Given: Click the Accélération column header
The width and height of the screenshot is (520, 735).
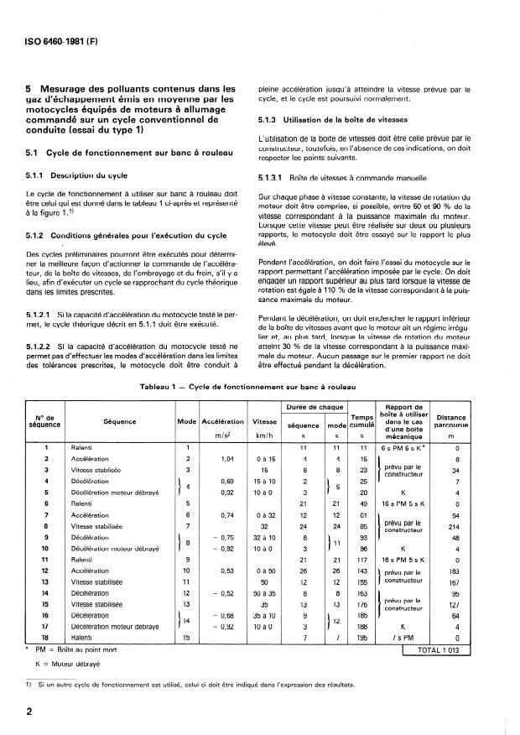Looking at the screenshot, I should point(223,421).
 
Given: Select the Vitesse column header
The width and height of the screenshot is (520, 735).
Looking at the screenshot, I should point(264,421).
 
